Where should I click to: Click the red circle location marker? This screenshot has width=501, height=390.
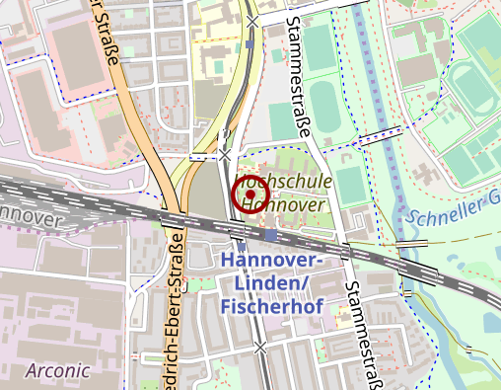(250, 195)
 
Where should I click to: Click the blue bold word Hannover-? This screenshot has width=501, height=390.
(271, 260)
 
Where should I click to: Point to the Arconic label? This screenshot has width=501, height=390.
(58, 370)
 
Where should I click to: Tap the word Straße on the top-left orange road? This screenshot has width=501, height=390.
(108, 44)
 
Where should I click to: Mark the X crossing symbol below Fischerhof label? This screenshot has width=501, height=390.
(260, 348)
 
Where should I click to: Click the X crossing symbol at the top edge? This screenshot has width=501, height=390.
(253, 21)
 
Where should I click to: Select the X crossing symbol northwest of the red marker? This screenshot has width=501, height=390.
(226, 155)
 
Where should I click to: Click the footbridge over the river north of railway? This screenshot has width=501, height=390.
(381, 136)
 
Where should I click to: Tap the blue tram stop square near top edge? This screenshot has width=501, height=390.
(251, 44)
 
